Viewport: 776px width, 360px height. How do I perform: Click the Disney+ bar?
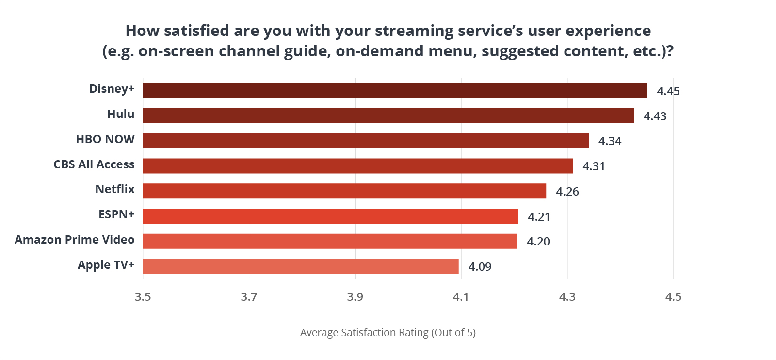pos(395,91)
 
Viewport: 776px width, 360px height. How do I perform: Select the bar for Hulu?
pos(388,115)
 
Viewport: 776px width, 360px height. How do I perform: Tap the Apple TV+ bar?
pos(301,266)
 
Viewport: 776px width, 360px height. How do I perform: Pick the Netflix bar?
pos(344,191)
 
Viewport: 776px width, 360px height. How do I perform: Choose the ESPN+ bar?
pos(330,216)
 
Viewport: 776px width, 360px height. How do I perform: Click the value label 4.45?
pos(668,91)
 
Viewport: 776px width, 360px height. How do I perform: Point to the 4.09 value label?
pos(480,267)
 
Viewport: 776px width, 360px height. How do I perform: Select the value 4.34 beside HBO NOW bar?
pos(610,141)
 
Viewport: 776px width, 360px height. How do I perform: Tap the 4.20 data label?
pos(538,242)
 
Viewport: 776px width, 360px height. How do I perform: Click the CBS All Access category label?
pos(94,164)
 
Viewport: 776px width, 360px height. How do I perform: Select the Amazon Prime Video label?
pos(74,240)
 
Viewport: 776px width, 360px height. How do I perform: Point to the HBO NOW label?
pos(105,139)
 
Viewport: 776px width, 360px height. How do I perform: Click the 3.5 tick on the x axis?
pos(143,297)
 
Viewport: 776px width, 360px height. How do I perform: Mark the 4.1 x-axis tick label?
pos(461,297)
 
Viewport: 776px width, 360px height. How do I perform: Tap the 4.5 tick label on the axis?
pos(673,297)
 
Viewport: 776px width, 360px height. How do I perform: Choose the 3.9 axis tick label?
pos(355,297)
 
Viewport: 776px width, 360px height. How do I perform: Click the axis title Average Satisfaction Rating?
pos(388,333)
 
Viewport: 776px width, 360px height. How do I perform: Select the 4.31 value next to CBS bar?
pos(594,166)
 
